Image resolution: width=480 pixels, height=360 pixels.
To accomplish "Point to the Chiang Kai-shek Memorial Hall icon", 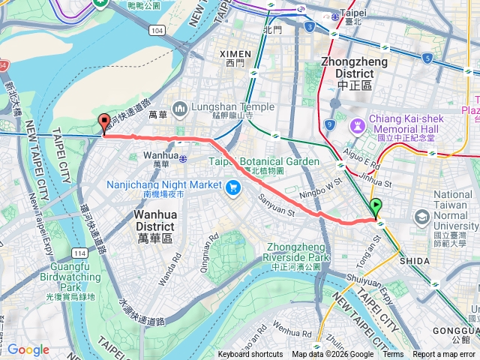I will (357, 123).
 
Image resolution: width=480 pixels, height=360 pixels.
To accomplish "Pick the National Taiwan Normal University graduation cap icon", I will (423, 217).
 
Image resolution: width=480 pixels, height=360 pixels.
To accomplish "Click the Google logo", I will (28, 349).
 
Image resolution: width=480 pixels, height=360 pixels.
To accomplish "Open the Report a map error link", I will (444, 355).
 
